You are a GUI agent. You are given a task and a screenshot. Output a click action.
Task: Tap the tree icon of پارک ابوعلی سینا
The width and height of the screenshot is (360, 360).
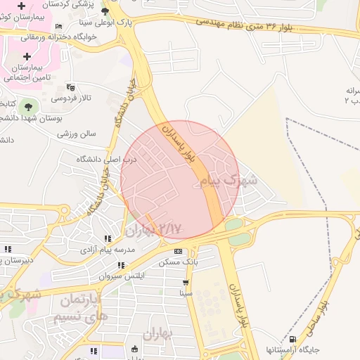click(105, 11)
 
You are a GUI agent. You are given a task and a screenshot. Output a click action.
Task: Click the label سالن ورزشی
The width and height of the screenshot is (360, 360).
click(77, 133)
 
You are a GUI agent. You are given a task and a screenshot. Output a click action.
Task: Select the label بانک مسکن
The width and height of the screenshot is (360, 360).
click(179, 262)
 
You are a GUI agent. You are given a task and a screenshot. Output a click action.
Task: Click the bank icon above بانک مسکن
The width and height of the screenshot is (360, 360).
click(178, 251)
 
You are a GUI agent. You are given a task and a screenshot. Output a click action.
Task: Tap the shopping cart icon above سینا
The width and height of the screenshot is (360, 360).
click(186, 282)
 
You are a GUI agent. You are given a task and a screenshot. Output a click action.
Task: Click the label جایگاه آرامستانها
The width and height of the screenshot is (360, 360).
click(292, 349)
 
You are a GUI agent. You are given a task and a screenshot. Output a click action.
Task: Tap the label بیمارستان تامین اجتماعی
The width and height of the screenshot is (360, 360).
click(27, 72)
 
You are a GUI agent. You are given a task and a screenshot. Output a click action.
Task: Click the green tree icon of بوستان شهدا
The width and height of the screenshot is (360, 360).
click(27, 106)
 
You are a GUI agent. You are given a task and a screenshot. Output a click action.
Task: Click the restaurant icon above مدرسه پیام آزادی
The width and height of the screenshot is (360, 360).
click(107, 239)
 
